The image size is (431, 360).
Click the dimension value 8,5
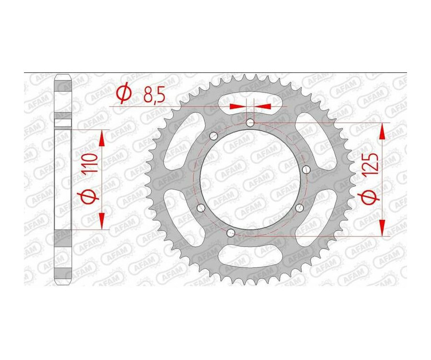(154, 96)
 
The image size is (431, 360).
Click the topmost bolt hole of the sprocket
(250, 123)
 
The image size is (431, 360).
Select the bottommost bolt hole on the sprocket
(231, 233)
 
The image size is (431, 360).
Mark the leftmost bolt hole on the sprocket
(201, 207)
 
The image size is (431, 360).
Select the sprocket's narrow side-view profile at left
(63, 180)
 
